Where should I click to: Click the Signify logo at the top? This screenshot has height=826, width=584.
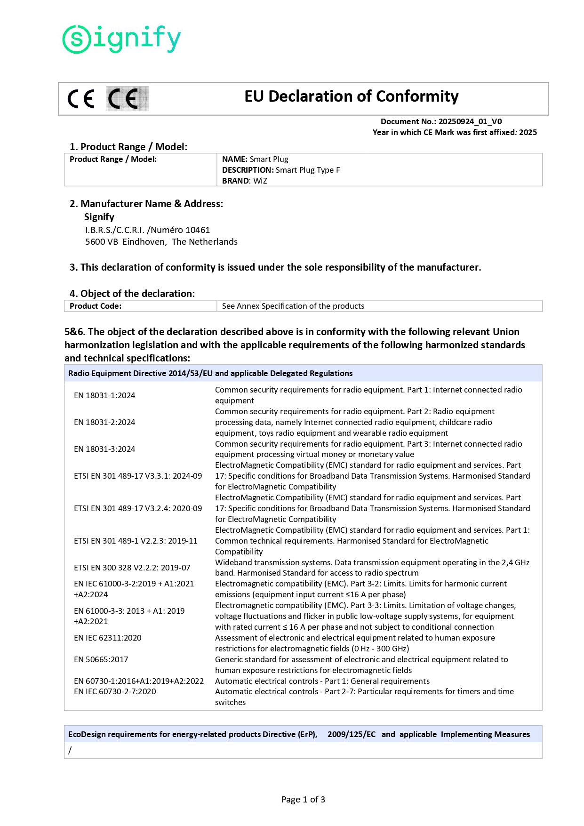pos(121,39)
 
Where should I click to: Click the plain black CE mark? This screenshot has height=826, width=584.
pos(81,99)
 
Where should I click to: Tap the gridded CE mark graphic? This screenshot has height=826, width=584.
pos(128,99)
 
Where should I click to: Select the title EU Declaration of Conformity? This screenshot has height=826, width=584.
pos(351,96)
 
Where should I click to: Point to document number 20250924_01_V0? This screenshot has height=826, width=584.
pos(470,121)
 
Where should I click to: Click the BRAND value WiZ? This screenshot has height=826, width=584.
pos(260,181)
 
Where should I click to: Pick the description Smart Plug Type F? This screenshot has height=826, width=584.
pos(308,170)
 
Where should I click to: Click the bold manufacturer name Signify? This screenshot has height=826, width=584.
pos(99,217)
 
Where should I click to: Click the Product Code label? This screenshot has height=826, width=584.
pos(96,306)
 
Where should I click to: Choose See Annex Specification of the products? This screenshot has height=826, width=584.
pos(293,306)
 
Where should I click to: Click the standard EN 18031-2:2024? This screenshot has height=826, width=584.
pos(104,422)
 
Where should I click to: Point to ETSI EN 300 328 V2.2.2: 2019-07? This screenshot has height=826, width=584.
pos(132,568)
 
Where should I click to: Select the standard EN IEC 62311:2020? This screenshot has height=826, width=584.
pos(108,638)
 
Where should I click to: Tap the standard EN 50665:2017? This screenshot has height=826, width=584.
pos(101,659)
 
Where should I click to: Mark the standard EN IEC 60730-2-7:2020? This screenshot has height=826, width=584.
pos(115,691)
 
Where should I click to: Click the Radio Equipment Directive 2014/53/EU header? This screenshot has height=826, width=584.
pos(210,373)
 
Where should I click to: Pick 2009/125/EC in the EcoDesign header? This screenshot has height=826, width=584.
pos(352,734)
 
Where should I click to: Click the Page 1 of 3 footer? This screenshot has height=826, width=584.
pos(303,799)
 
